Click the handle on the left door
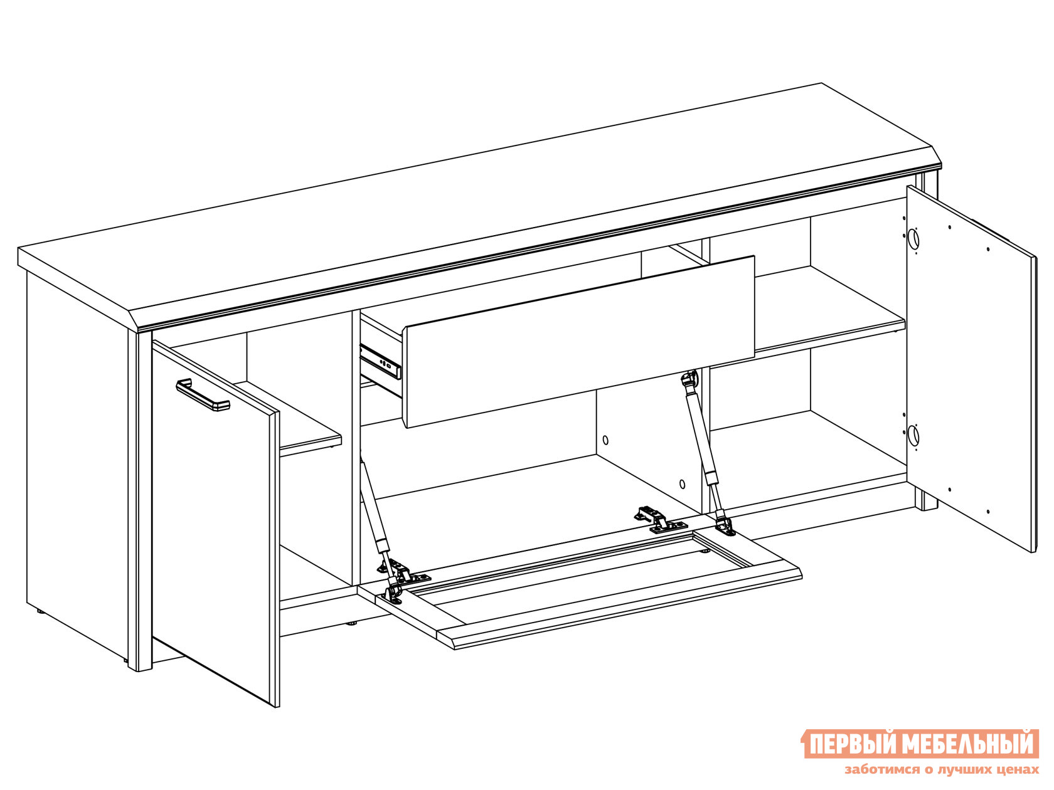coord(202,395)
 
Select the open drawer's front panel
coord(579,342)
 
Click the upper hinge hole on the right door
coord(913,238)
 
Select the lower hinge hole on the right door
coord(913,435)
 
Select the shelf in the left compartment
coord(299,418)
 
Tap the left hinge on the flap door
coord(403,571)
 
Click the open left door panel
coord(216,523)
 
